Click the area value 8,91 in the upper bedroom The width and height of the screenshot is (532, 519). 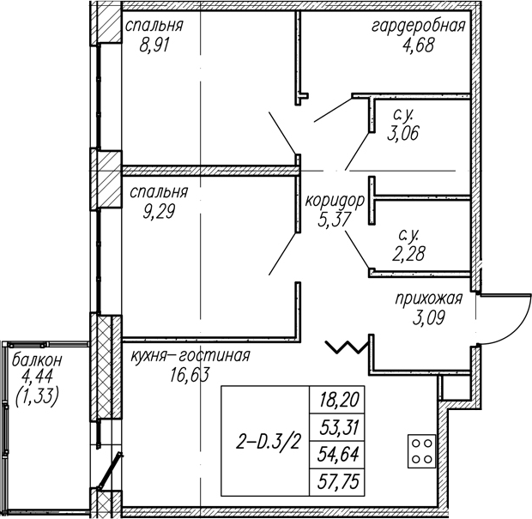154,45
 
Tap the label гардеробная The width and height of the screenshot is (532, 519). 419,26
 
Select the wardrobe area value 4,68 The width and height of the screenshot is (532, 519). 418,45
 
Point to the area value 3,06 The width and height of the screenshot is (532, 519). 403,133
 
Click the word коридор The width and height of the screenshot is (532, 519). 335,201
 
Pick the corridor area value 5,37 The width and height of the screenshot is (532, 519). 334,220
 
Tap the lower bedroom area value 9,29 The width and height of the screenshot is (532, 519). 159,212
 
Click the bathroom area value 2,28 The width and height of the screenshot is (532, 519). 408,253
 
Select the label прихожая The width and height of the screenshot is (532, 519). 429,299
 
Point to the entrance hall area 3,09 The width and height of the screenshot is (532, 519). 429,318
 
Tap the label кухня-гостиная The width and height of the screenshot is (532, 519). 190,356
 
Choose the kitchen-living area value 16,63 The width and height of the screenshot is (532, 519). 190,375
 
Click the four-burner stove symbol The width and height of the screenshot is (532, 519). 421,451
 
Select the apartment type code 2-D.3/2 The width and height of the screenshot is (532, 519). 269,443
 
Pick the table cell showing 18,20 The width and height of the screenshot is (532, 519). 337,400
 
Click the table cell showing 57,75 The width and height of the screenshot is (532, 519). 337,481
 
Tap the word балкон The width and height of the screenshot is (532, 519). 37,360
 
